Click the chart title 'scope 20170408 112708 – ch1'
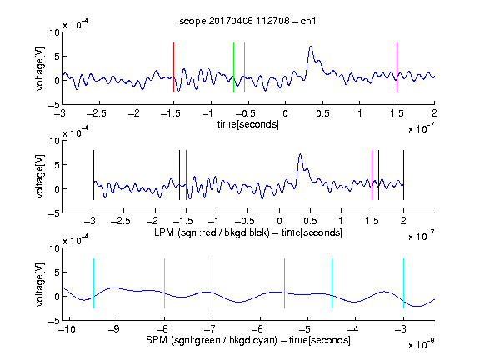[247, 21]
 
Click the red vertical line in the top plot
[173, 67]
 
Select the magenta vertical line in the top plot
[397, 67]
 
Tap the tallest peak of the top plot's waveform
[311, 47]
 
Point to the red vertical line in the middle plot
[186, 175]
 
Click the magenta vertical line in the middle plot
[372, 175]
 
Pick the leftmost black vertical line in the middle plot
[93, 175]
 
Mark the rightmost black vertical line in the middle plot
[403, 175]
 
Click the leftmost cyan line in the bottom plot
[93, 283]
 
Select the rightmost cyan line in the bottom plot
[403, 283]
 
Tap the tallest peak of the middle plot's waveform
[300, 154]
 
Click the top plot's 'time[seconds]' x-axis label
[248, 124]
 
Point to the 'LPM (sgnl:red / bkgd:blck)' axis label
[212, 232]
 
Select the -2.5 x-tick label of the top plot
[97, 113]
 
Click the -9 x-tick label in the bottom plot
[114, 329]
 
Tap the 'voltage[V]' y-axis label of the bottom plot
[40, 284]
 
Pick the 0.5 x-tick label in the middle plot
[310, 221]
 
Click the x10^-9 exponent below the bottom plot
[422, 344]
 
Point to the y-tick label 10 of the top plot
[55, 32]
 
